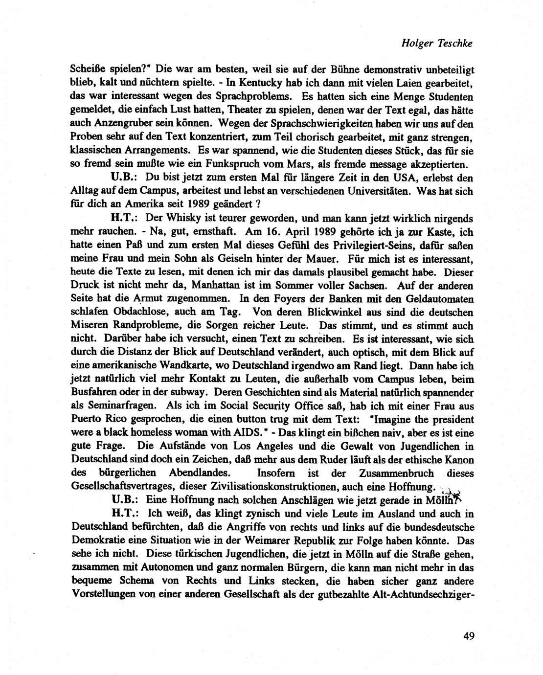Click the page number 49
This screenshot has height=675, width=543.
(x=468, y=635)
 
